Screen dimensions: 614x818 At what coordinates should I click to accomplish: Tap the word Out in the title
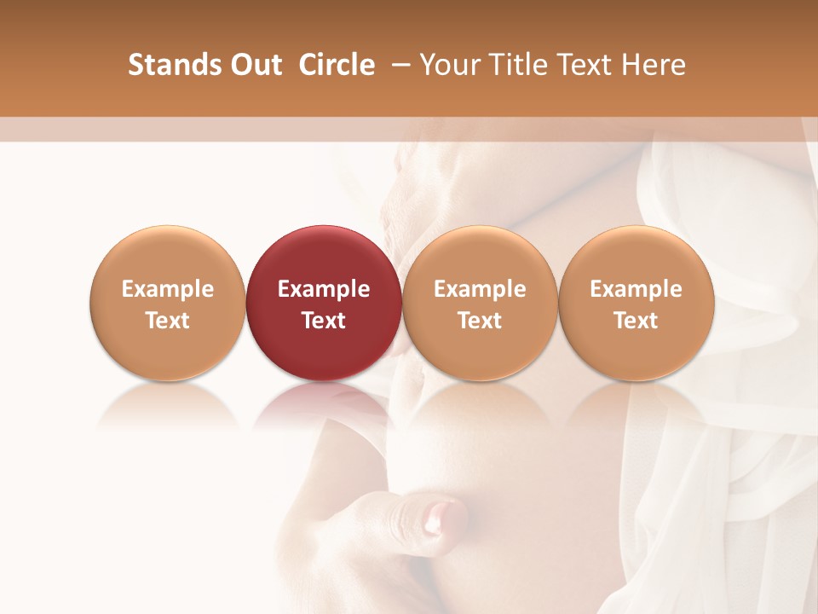pyautogui.click(x=254, y=65)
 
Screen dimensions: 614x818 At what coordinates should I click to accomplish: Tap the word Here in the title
pyautogui.click(x=654, y=65)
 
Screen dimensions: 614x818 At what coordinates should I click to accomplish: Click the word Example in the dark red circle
pyautogui.click(x=324, y=289)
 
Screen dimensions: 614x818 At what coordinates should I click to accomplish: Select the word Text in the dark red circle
pyautogui.click(x=324, y=321)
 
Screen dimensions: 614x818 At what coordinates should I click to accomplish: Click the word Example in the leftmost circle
pyautogui.click(x=168, y=289)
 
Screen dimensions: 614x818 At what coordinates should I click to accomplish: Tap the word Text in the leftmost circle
pyautogui.click(x=168, y=321)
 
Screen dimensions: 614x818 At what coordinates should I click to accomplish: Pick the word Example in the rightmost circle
pyautogui.click(x=637, y=289)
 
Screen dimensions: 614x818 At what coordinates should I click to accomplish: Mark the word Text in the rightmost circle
pyautogui.click(x=637, y=321)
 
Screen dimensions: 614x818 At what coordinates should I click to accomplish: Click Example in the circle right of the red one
pyautogui.click(x=480, y=289)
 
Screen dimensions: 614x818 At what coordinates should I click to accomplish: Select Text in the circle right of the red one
pyautogui.click(x=480, y=321)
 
